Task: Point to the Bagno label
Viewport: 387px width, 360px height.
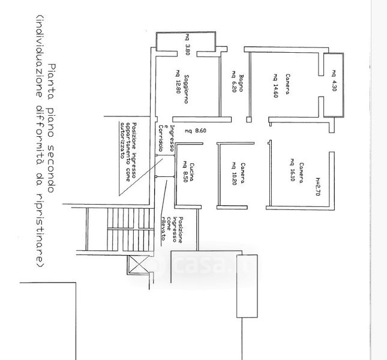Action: [241, 82]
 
